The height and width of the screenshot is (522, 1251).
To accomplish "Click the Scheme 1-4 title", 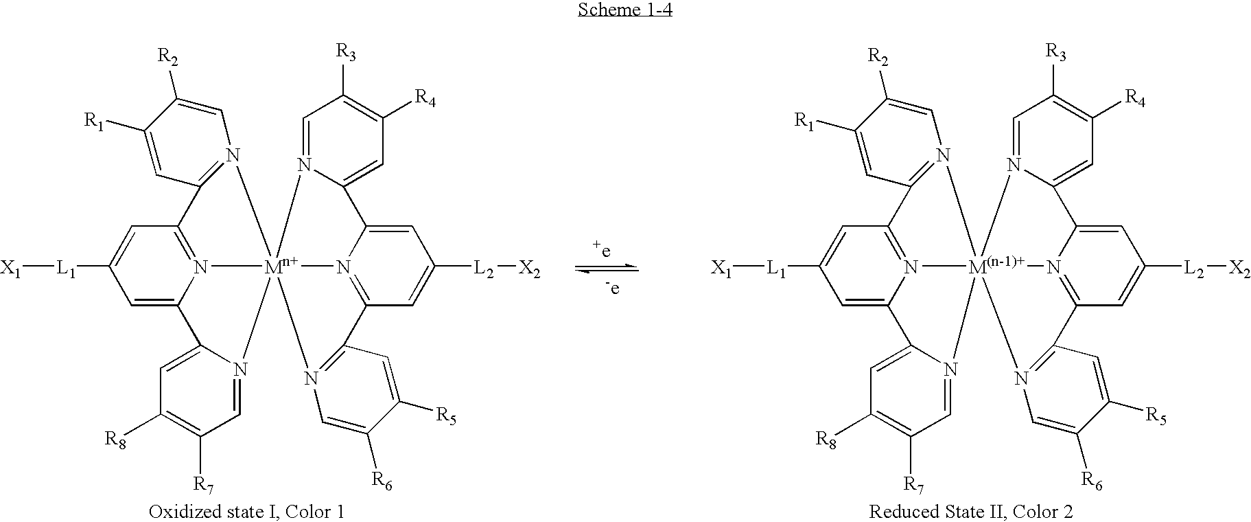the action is pos(624,10).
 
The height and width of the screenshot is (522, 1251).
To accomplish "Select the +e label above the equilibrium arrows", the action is pos(602,249).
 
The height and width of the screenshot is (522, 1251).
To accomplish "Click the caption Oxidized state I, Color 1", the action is pos(246,512).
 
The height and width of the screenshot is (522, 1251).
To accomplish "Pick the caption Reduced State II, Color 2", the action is pos(971,512).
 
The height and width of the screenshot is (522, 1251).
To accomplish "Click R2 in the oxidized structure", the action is pos(168,56).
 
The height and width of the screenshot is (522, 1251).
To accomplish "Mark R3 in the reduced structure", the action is pos(1055,52).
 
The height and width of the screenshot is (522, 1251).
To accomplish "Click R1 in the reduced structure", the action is pos(804,121).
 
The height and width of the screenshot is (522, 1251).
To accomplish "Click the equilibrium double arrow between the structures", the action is pos(607,269).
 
